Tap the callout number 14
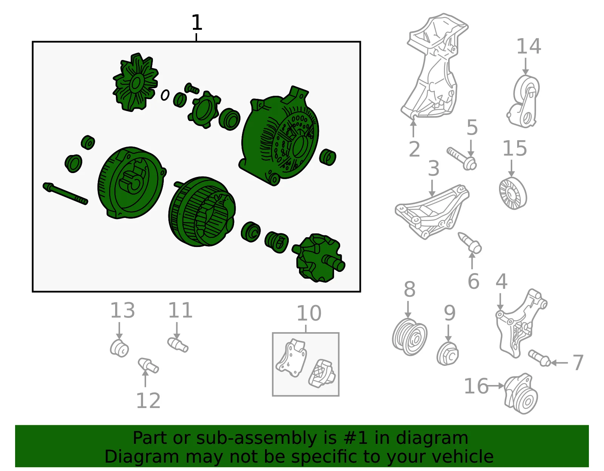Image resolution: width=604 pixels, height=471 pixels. [528, 46]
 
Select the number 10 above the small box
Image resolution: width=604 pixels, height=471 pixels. [309, 314]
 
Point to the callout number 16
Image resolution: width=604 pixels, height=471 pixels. [476, 386]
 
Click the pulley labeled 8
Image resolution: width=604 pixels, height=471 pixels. [410, 337]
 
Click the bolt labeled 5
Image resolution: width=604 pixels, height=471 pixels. [462, 159]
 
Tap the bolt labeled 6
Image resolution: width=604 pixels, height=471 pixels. [470, 243]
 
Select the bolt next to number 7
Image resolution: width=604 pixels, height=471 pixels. [539, 358]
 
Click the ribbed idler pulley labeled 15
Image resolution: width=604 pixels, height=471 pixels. [513, 193]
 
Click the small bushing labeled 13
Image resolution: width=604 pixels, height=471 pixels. [119, 348]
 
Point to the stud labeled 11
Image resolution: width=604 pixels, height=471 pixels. [178, 345]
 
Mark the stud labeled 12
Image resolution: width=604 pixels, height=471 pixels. [148, 365]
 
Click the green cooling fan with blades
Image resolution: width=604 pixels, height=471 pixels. [136, 82]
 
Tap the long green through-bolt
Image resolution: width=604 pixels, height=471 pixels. [65, 193]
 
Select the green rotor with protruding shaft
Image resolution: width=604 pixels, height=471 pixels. [319, 258]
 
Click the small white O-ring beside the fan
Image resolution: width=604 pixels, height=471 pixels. [165, 95]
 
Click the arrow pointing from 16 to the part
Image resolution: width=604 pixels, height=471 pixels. [496, 386]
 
